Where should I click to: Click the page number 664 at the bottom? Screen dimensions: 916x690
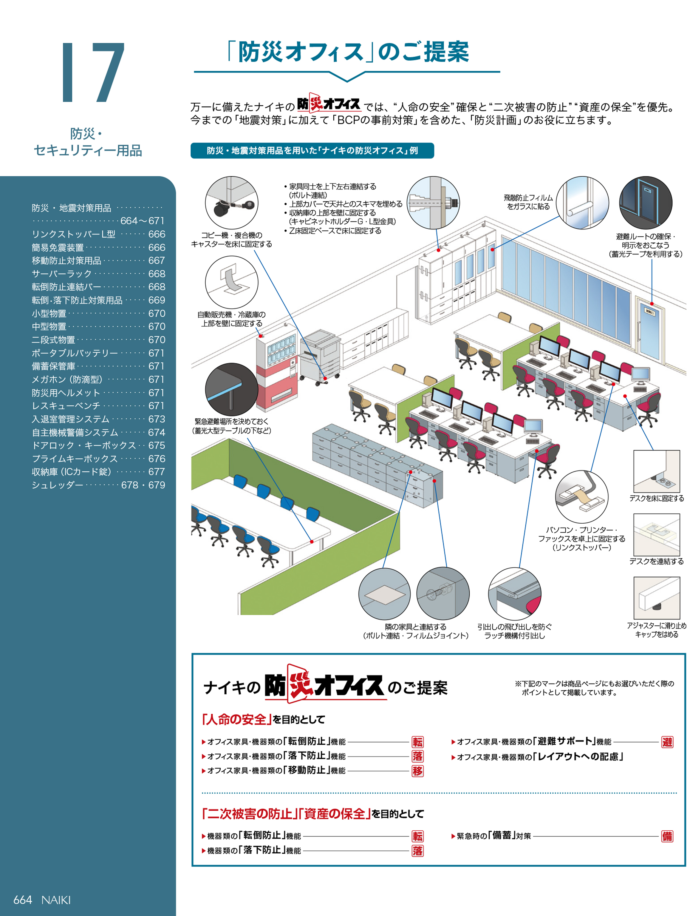(22, 899)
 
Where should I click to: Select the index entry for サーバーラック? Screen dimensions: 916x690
(62, 274)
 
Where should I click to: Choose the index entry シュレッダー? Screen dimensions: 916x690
(58, 485)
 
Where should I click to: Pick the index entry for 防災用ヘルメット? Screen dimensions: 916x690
(66, 393)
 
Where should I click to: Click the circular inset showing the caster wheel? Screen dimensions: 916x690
(231, 203)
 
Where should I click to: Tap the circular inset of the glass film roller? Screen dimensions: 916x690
(582, 203)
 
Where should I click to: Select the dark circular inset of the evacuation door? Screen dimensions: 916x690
(645, 203)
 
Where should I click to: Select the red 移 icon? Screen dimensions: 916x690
(417, 771)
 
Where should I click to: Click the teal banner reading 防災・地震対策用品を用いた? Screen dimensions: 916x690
(312, 150)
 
